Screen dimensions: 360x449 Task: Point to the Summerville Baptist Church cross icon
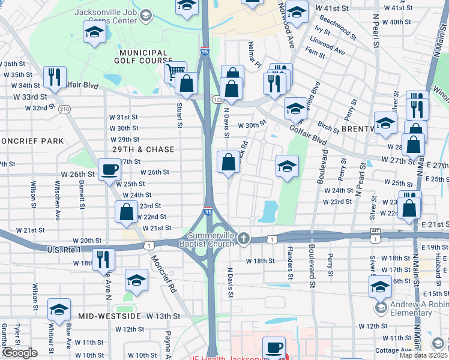coord(243,239)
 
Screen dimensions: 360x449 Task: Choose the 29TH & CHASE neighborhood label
coord(143,149)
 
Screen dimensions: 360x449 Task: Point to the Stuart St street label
coord(179,115)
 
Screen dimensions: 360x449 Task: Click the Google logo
coord(19,353)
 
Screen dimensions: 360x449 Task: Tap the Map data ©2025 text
coord(423,355)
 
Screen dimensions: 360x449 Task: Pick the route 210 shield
coord(64,109)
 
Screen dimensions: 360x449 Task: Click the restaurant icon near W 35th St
coord(55,77)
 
